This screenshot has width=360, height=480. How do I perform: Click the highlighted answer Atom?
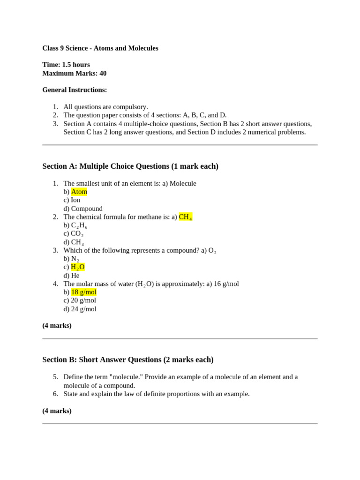point(79,192)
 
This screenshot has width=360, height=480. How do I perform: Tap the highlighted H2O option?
point(78,267)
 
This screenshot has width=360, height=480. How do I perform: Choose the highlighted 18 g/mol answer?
point(84,292)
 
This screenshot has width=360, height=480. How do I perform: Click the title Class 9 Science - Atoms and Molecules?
point(100,48)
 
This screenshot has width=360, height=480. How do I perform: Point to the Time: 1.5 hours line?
point(66,65)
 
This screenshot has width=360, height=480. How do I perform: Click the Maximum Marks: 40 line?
point(75,73)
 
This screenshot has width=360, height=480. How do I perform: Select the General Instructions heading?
point(75,90)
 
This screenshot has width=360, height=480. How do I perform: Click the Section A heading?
point(130,166)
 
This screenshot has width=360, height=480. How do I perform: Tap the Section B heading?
point(128,360)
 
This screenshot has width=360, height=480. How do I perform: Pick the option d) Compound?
point(83,209)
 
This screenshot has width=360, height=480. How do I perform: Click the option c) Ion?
point(72,200)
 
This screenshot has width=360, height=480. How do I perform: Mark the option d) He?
point(72,276)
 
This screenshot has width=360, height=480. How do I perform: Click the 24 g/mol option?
point(80,309)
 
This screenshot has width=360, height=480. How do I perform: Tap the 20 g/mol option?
point(80,300)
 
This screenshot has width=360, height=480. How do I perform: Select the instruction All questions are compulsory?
point(106,107)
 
